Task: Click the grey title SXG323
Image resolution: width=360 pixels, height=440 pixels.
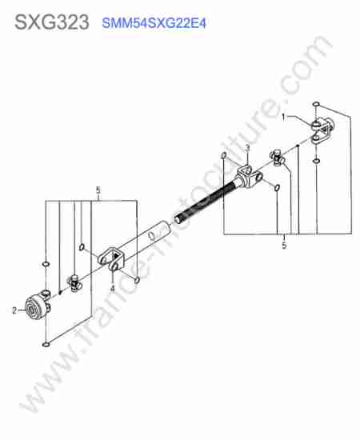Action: [52, 22]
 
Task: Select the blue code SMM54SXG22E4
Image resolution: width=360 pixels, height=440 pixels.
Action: [154, 23]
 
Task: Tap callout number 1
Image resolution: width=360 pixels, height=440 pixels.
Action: [283, 117]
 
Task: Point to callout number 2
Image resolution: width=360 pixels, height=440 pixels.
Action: [14, 310]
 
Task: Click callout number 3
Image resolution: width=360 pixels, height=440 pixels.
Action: [247, 148]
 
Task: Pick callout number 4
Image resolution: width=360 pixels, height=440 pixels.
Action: [113, 288]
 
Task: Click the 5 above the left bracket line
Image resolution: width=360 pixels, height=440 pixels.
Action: [98, 190]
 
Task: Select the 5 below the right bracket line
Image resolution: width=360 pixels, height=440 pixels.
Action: [284, 246]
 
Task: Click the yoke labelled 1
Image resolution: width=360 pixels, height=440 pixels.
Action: [322, 131]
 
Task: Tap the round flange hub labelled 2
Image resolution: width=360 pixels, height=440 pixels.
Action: [36, 307]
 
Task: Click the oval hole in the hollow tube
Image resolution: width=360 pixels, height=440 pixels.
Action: [152, 235]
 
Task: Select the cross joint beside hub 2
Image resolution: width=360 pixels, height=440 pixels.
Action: [74, 282]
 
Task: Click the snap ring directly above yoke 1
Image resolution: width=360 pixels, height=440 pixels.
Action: [316, 104]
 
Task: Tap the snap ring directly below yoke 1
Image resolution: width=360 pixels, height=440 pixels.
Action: [316, 161]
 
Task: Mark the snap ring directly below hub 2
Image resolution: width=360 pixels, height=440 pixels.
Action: [46, 344]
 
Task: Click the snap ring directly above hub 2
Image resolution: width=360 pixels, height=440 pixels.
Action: [46, 264]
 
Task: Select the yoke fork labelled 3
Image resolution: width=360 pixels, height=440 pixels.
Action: [249, 177]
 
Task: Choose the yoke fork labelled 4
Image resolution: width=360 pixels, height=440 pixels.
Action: [111, 258]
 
